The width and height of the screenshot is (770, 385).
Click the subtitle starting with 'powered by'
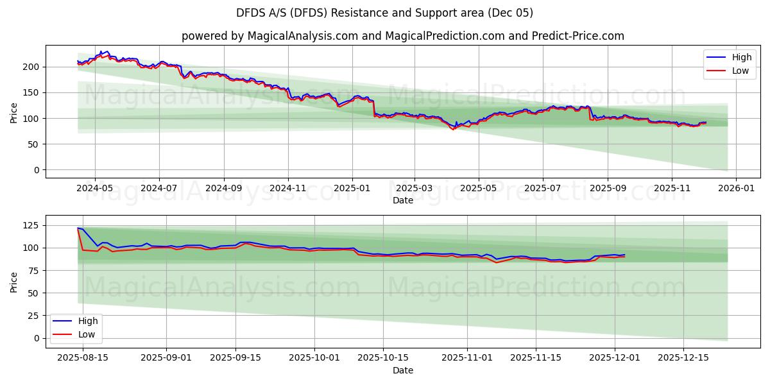402,36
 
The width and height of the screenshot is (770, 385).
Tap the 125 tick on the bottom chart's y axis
31,225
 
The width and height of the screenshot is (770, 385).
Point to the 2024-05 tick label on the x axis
95,189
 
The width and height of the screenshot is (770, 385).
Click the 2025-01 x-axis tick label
352,189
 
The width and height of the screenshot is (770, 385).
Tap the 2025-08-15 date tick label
83,357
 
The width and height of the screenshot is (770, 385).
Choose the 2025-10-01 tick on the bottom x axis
314,357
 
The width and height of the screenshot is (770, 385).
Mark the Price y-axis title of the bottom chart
14,281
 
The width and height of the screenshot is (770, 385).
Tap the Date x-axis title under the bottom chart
402,370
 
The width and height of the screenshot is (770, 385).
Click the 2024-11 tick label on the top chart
287,189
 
